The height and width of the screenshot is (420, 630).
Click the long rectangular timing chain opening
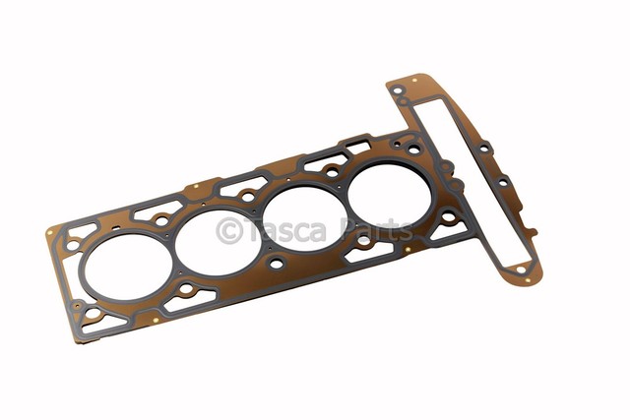click(470, 182)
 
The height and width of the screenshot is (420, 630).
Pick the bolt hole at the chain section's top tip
click(398, 91)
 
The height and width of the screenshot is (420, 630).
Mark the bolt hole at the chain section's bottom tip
click(525, 268)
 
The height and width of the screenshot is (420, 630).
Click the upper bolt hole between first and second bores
click(162, 221)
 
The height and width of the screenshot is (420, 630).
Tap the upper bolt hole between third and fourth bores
click(332, 173)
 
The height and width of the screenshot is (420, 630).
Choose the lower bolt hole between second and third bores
click(277, 264)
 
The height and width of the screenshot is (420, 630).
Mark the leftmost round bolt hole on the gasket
click(73, 245)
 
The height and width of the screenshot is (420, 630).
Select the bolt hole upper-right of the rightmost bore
click(414, 150)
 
